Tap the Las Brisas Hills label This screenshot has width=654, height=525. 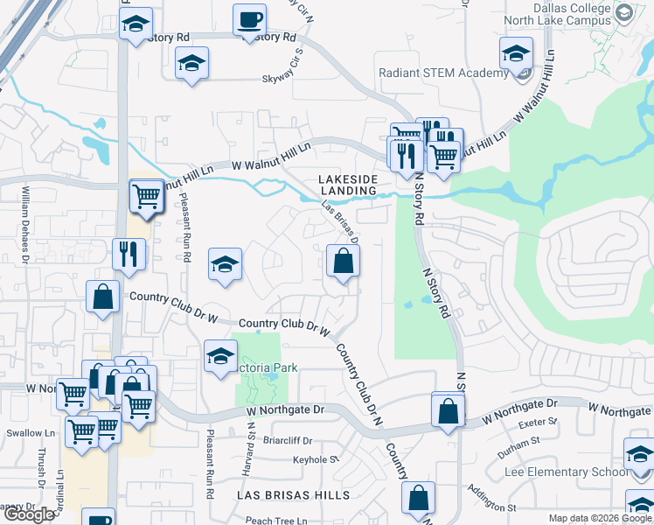point(294,495)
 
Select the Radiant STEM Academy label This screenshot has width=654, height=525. point(443,73)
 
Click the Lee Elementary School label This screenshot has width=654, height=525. point(566,472)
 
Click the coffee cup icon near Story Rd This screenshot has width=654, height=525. point(250,20)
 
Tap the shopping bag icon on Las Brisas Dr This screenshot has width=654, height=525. point(342,262)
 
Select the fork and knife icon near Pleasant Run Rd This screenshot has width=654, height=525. point(129,255)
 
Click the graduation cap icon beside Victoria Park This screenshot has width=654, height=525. point(220,355)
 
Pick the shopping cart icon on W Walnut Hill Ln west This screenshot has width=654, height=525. point(146,196)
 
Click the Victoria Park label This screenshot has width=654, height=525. point(268,368)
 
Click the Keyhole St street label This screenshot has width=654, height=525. point(315,458)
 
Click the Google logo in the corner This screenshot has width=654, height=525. point(29,514)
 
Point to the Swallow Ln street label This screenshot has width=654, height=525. point(27,433)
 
